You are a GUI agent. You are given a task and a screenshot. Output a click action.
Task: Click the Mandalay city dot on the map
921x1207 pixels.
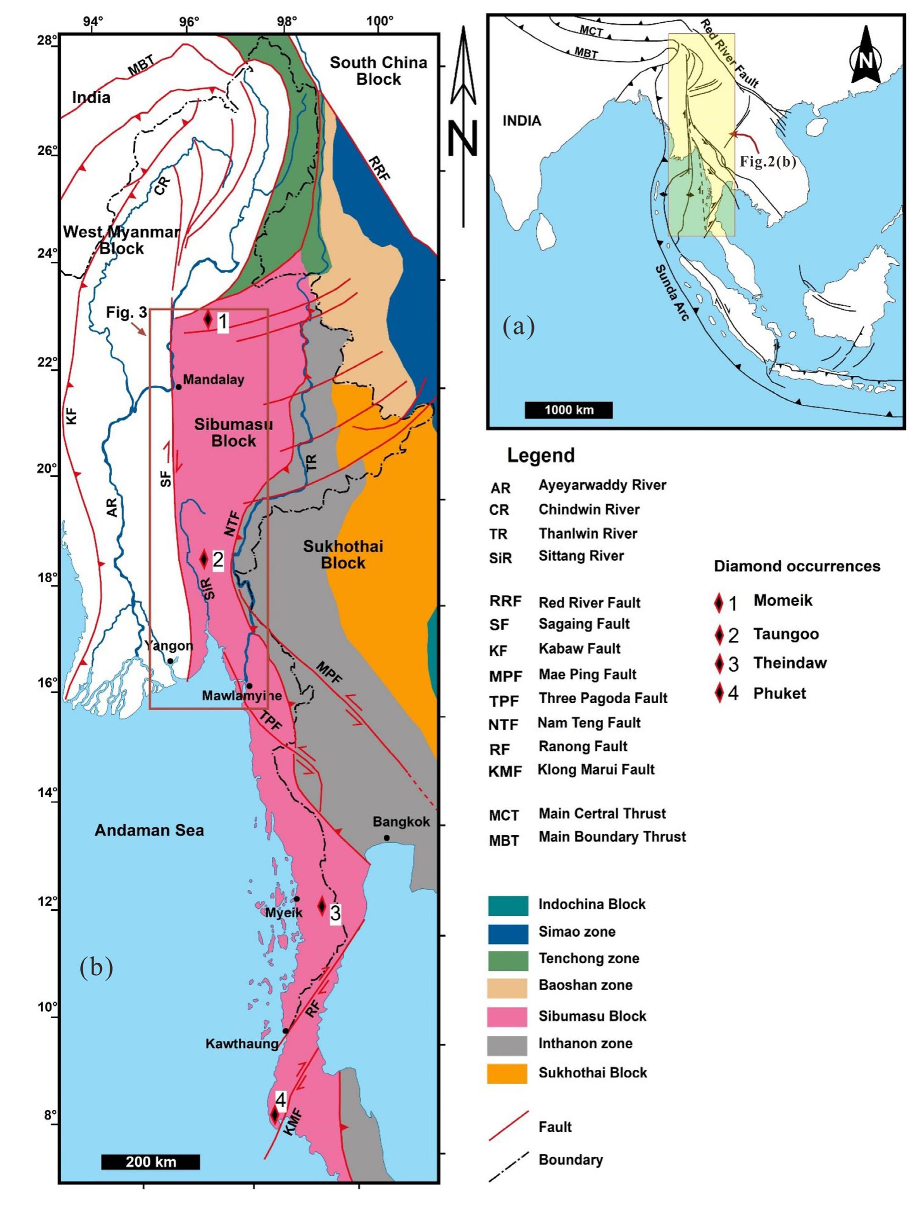(178, 387)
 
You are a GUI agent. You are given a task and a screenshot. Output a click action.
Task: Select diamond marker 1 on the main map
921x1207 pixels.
(208, 319)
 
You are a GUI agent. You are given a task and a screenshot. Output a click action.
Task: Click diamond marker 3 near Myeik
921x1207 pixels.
(322, 905)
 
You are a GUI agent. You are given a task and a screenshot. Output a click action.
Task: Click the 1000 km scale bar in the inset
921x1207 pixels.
(568, 409)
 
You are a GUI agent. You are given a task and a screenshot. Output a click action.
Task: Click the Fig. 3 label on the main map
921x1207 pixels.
(127, 313)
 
